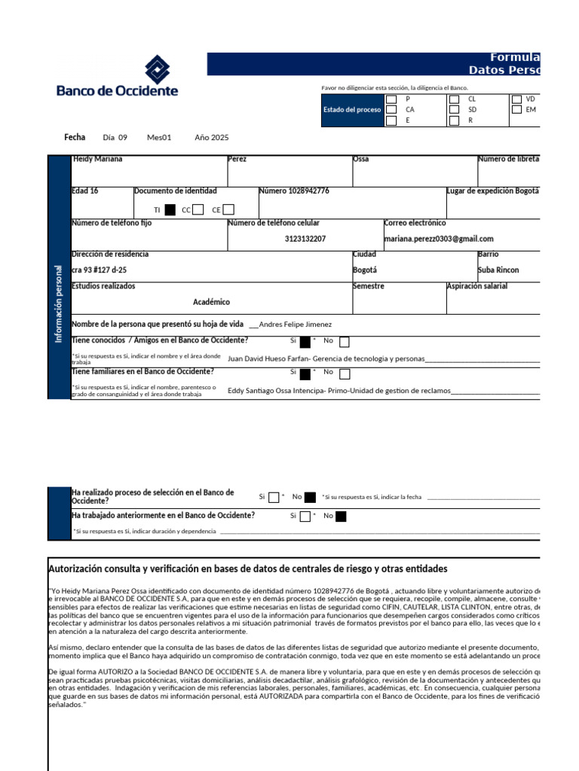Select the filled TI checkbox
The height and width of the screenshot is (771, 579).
click(x=170, y=210)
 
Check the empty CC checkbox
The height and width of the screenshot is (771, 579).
click(x=198, y=210)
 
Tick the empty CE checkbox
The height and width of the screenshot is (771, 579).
click(x=228, y=210)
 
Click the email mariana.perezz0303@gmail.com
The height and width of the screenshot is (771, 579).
click(x=439, y=239)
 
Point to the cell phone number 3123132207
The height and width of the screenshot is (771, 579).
click(x=305, y=239)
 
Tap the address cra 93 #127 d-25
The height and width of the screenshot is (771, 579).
click(x=99, y=270)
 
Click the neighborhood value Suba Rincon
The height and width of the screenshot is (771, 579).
click(x=498, y=270)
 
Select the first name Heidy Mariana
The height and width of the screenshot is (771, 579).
click(x=97, y=160)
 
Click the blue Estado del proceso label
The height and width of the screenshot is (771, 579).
click(x=352, y=110)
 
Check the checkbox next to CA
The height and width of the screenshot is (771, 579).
click(x=391, y=109)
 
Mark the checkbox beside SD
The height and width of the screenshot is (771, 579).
click(x=454, y=109)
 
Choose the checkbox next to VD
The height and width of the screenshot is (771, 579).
click(x=516, y=99)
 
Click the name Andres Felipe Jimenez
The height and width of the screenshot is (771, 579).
click(x=295, y=325)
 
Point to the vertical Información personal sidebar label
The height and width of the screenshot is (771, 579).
click(x=59, y=303)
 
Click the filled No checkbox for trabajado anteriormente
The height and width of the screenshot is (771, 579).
click(x=341, y=517)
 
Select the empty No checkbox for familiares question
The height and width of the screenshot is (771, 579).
click(x=345, y=373)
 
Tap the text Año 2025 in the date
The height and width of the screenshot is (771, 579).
click(x=211, y=138)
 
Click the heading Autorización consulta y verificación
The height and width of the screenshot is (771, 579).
click(x=247, y=568)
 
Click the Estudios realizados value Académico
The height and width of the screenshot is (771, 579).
click(x=211, y=302)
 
